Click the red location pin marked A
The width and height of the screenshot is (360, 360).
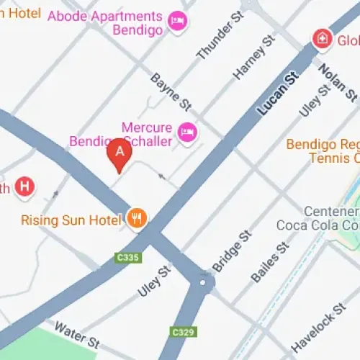[x=120, y=153]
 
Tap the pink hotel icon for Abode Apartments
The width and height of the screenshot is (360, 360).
[x=176, y=22]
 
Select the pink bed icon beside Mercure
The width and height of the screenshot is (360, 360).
[x=187, y=132]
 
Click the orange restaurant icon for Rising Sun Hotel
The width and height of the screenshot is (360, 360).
[x=136, y=219]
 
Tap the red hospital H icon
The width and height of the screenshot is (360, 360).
[x=25, y=186]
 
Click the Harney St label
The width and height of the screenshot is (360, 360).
[x=254, y=58]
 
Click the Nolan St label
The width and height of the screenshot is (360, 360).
[x=337, y=81]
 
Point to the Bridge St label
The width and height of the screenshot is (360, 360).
[x=232, y=251]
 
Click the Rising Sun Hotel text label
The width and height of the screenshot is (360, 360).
[x=71, y=220]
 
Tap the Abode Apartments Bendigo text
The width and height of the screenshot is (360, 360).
[x=114, y=22]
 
